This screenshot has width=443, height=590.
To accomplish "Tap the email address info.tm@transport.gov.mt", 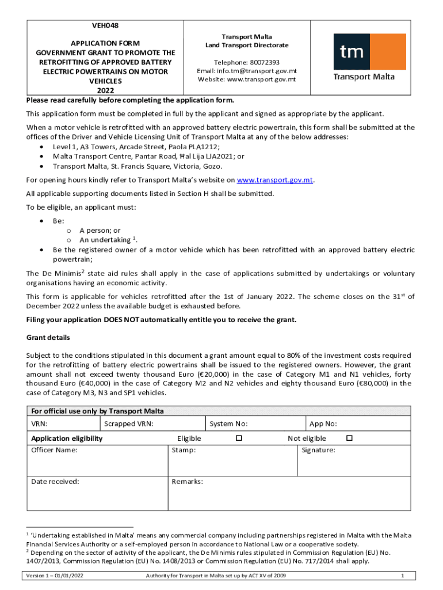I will coord(255,71).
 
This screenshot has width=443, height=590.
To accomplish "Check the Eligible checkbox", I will coord(239,438).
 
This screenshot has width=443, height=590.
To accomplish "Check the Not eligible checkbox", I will coord(349,438).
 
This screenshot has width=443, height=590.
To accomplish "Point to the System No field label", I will coord(228,424).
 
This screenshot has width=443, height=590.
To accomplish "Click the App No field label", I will coord(323,424).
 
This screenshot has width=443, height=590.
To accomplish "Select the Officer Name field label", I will coord(55,450).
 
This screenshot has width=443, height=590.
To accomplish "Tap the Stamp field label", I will coord(184,450).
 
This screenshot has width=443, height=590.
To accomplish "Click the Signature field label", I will coord(318,450).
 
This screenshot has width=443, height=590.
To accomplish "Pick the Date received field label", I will coord(55,481).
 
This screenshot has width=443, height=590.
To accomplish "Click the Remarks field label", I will coord(187,481).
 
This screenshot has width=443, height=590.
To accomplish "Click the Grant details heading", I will coord(48,337).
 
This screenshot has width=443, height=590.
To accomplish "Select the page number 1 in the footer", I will coord(402,576).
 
